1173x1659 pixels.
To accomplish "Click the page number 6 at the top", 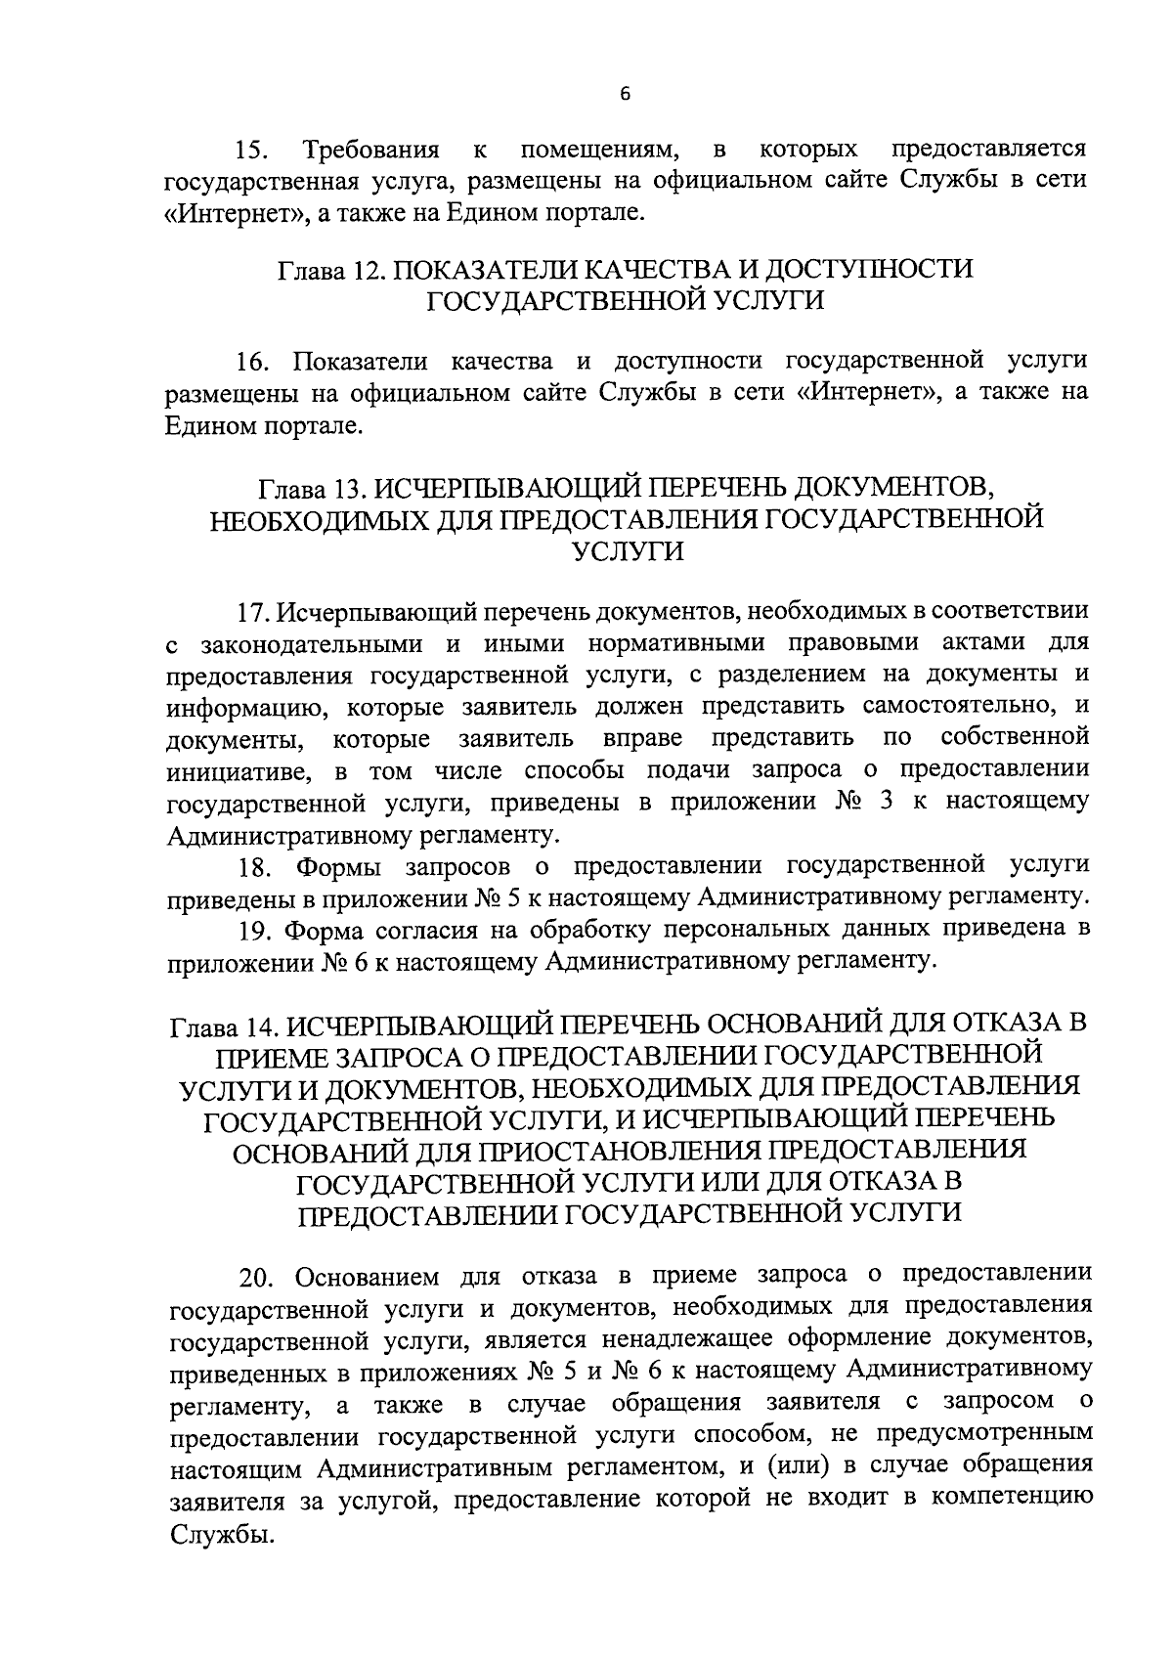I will (x=626, y=94).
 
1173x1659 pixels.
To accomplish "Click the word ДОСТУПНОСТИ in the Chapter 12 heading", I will (x=869, y=269).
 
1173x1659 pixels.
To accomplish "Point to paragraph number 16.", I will (x=257, y=362).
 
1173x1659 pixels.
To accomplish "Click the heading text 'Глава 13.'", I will (x=312, y=487).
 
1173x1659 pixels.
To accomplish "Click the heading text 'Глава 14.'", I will (x=223, y=1027).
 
